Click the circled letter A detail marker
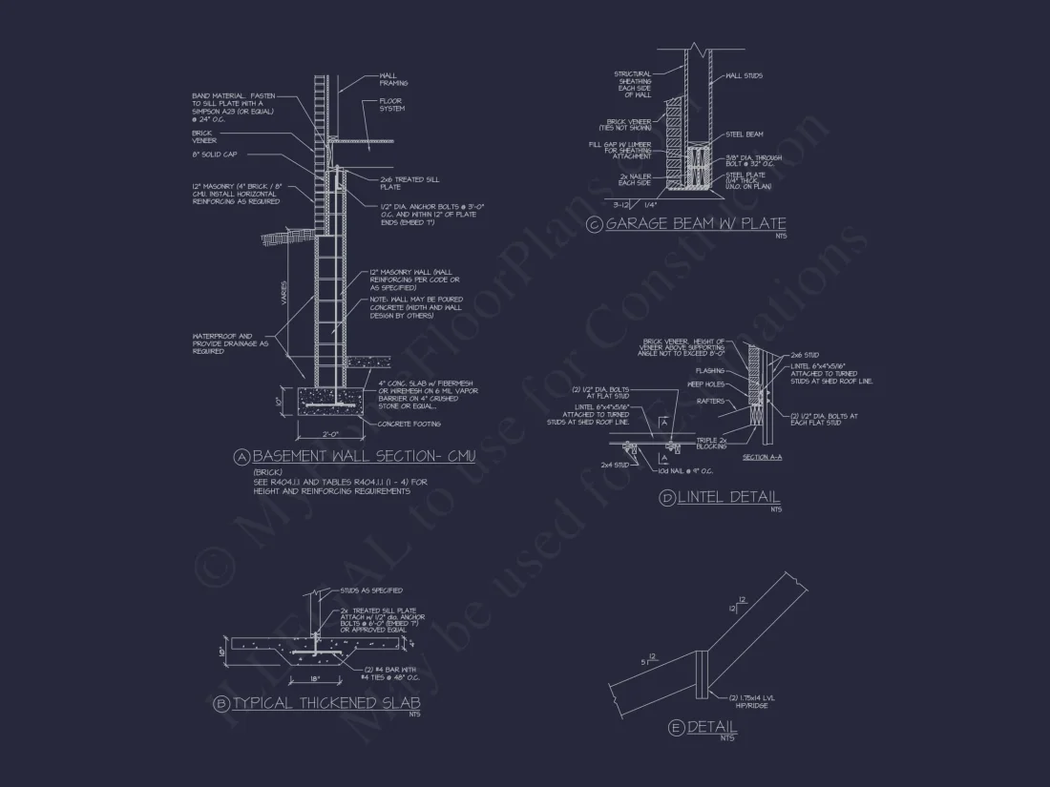click(241, 457)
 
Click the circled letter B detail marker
click(221, 705)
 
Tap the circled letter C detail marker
click(595, 225)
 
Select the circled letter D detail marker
click(667, 498)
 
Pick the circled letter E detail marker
click(676, 729)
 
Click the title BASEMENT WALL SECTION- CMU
click(364, 457)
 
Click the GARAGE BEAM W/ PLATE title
click(697, 225)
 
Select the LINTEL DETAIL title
click(729, 498)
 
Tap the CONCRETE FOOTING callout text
click(411, 424)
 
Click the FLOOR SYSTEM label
click(392, 104)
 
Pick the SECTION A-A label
click(762, 458)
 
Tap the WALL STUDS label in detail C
click(745, 75)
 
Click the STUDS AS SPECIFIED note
click(371, 590)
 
